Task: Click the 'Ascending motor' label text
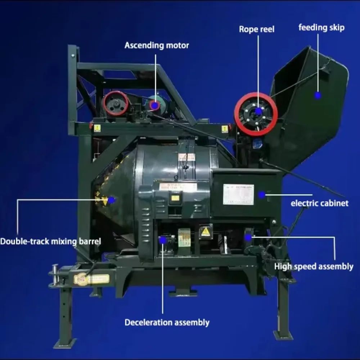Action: click(157, 45)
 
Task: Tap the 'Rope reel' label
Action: click(256, 29)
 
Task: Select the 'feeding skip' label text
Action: click(321, 27)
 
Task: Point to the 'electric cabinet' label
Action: click(319, 203)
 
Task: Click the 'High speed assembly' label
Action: click(314, 266)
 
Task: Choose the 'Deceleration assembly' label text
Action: click(167, 322)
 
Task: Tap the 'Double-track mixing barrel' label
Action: click(50, 241)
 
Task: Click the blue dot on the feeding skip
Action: click(318, 95)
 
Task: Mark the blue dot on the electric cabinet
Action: click(262, 195)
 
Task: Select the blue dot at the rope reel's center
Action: click(258, 111)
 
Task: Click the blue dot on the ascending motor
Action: click(155, 105)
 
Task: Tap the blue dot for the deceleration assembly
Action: click(163, 240)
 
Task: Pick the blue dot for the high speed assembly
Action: click(248, 237)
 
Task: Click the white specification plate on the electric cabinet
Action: click(238, 194)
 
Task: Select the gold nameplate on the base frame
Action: click(91, 279)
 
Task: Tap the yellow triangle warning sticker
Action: click(206, 231)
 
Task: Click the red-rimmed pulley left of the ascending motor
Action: click(116, 103)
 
